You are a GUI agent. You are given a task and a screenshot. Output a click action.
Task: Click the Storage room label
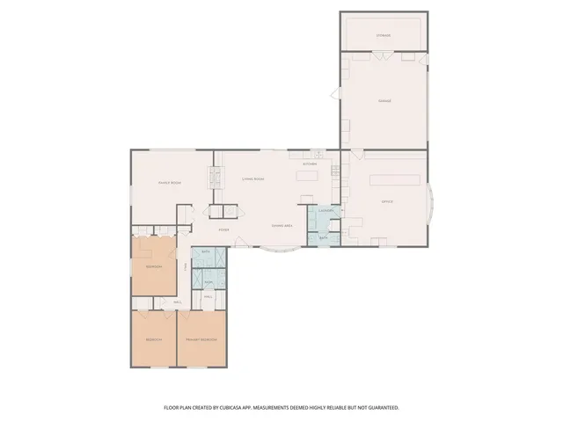(384, 35)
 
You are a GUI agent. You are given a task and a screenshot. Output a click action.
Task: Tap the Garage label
(384, 101)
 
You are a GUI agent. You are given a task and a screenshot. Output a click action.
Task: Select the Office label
(386, 202)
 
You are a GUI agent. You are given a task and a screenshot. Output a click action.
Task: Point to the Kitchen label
(310, 164)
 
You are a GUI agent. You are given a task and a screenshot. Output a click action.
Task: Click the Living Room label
(253, 178)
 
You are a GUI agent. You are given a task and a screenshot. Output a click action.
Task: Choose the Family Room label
(170, 182)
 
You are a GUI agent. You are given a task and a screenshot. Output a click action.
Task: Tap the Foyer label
(224, 229)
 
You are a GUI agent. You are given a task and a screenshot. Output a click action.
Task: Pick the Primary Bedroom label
(201, 339)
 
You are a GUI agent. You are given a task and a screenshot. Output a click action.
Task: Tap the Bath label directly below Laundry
(323, 237)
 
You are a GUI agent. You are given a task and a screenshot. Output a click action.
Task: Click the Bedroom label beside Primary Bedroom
(153, 339)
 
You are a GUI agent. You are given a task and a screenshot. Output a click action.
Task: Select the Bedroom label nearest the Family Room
(153, 266)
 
